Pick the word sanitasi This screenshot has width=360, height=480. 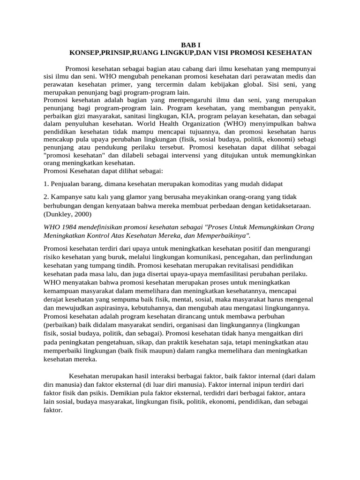click(x=123, y=117)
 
